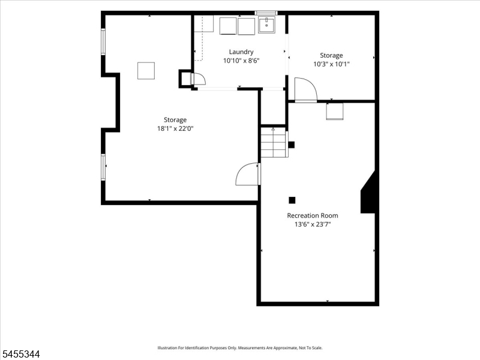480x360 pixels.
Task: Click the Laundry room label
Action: click(x=241, y=52)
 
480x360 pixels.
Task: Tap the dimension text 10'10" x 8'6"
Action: click(x=241, y=61)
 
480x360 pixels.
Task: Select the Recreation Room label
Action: click(x=313, y=215)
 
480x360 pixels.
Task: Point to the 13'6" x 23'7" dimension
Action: click(x=313, y=224)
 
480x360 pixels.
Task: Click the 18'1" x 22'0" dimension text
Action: click(x=175, y=128)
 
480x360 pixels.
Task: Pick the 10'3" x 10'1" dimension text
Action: click(x=331, y=64)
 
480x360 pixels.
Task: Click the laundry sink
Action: click(x=266, y=25)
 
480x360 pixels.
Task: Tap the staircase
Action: click(x=274, y=142)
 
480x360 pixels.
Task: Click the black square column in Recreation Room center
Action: click(x=292, y=200)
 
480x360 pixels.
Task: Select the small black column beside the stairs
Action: click(x=292, y=145)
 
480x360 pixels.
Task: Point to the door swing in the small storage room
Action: click(x=306, y=89)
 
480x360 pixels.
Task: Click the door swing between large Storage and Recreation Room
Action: click(x=248, y=174)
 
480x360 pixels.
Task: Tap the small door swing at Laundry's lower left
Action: click(x=199, y=79)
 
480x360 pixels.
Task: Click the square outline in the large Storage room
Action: click(x=146, y=71)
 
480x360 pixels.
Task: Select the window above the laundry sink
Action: click(x=266, y=13)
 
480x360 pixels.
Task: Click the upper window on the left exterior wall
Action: click(x=103, y=41)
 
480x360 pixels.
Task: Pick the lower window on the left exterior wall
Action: click(x=103, y=167)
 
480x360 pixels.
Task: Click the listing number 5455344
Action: click(x=20, y=355)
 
